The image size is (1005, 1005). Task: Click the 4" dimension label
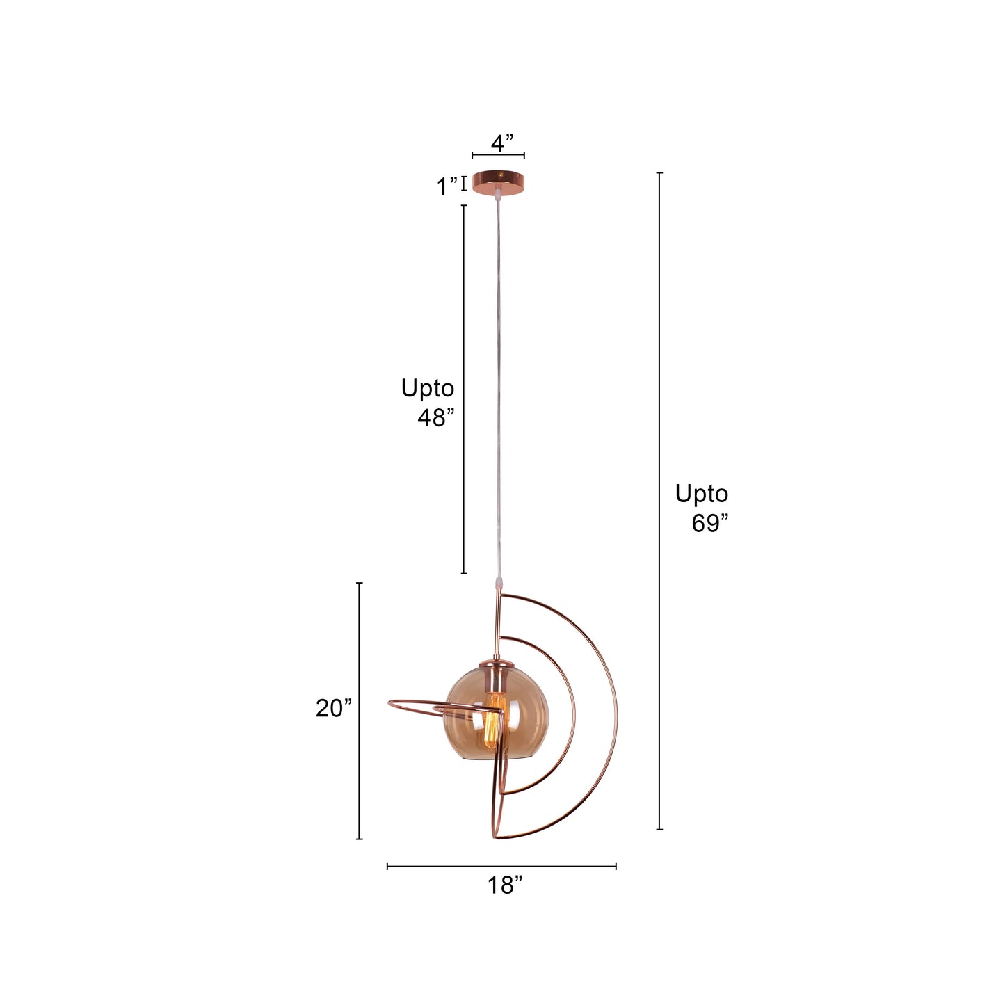coord(501,143)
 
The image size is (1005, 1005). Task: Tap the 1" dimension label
coord(447,186)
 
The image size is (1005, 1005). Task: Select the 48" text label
coord(435,417)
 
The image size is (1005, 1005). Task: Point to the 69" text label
coord(709,523)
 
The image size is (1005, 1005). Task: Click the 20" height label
coord(334,708)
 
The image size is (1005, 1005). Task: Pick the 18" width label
coord(504,885)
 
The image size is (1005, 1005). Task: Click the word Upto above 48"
coord(427,388)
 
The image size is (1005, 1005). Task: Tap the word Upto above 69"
coord(701,494)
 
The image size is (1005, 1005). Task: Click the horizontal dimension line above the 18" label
coord(501,867)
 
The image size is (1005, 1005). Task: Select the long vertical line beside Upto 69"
coord(659,501)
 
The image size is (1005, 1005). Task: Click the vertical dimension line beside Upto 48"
coord(464,389)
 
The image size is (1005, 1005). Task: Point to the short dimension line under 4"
coord(498,155)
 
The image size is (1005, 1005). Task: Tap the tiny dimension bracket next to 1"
coord(464,184)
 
